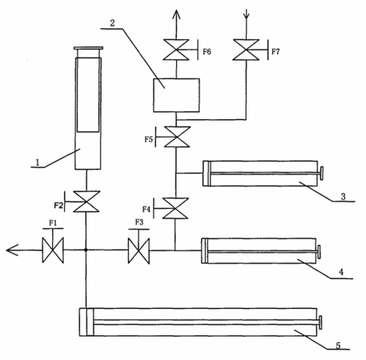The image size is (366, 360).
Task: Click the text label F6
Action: click(207, 51)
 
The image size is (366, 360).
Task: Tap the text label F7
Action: click(276, 51)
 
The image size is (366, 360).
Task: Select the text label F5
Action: click(149, 139)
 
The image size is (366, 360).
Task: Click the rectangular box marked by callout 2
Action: click(176, 95)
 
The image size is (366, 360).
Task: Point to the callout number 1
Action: click(38, 162)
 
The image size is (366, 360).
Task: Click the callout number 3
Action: click(344, 197)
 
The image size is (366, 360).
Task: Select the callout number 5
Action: click(338, 346)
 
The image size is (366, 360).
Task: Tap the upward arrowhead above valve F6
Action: click(176, 14)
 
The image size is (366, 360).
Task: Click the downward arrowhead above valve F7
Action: click(246, 15)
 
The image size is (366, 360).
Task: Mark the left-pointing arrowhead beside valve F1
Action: click(12, 250)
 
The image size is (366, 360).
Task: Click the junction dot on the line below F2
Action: click(86, 250)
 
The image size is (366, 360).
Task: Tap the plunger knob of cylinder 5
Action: click(320, 322)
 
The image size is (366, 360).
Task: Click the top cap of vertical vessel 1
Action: click(88, 48)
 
